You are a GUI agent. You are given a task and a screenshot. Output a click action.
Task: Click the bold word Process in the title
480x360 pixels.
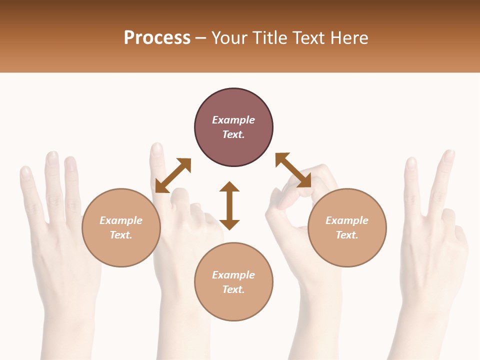click(157, 38)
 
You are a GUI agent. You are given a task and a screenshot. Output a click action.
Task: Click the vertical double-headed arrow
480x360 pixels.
click(229, 205)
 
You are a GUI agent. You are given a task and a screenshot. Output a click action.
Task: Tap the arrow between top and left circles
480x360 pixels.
click(173, 175)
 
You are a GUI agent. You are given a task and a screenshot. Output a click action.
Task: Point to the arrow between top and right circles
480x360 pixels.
click(293, 170)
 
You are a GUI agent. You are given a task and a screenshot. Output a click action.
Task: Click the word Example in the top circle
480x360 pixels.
click(233, 120)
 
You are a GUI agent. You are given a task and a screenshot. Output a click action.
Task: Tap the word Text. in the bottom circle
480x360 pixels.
click(233, 289)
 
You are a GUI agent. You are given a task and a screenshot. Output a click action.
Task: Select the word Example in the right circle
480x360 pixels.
click(347, 220)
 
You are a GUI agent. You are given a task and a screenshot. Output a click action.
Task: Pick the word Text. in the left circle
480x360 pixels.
click(121, 235)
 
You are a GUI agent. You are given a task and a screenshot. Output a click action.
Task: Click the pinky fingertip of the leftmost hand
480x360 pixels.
click(25, 172)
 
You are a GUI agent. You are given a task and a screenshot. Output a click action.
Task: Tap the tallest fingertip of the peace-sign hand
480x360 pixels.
click(448, 154)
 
